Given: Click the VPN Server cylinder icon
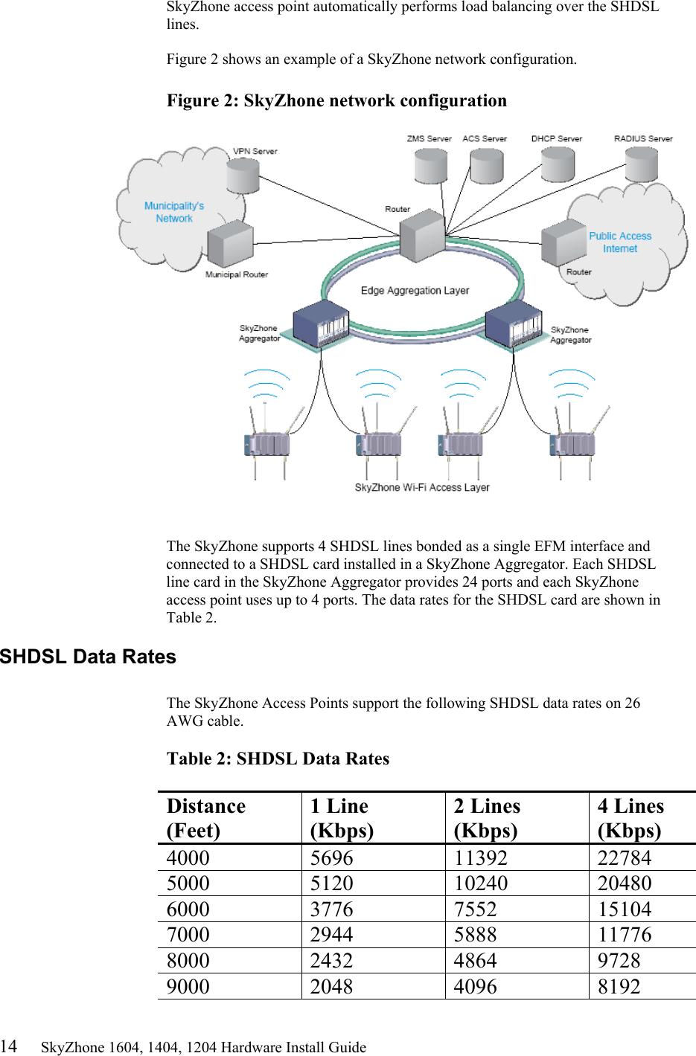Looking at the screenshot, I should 243,176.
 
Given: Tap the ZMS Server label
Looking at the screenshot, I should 429,139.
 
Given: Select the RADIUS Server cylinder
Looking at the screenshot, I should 641,164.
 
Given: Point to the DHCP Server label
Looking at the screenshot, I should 556,139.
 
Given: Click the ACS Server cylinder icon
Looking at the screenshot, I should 487,166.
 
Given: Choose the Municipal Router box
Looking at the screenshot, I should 230,243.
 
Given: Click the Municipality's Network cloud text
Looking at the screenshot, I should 174,212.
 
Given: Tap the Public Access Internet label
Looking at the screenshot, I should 620,242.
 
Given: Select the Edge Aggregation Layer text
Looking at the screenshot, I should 415,291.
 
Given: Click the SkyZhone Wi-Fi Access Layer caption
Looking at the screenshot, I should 422,488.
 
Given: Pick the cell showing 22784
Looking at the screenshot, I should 624,858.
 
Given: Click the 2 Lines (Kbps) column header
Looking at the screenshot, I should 487,818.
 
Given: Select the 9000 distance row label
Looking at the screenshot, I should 188,987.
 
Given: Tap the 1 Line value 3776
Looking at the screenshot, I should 331,909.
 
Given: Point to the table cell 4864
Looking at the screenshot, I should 475,961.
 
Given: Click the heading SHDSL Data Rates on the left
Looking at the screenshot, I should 88,657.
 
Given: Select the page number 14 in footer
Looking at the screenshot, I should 8,1046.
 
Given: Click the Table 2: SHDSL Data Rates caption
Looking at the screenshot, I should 278,759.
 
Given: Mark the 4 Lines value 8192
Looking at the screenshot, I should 619,987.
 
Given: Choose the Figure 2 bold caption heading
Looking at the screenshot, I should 336,101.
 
